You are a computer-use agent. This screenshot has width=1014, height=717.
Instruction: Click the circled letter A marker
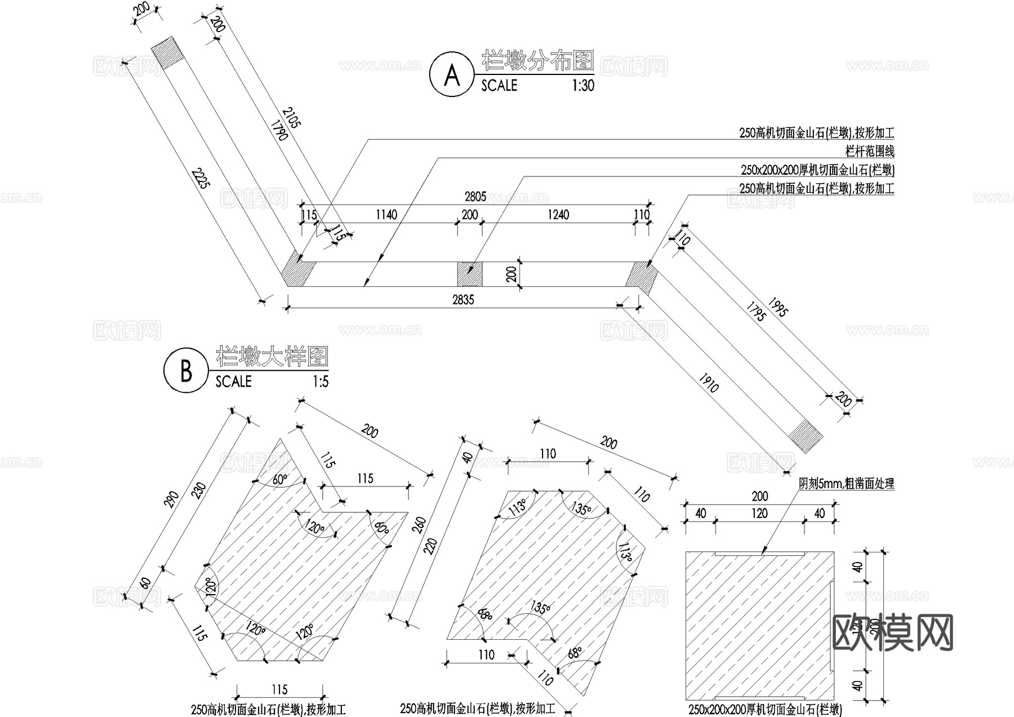(452, 74)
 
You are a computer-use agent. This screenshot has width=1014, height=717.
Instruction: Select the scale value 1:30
(582, 86)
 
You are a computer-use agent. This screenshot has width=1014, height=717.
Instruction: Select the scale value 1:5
(320, 382)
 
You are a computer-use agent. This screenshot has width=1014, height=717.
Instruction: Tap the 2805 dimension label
(475, 197)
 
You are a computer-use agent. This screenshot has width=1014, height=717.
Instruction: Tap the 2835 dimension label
(463, 300)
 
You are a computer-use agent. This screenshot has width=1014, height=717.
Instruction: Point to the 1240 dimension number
(558, 215)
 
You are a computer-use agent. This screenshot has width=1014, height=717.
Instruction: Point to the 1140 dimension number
(386, 215)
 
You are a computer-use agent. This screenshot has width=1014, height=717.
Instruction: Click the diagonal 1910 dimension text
(708, 383)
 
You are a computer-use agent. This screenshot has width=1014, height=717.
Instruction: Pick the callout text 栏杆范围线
(869, 151)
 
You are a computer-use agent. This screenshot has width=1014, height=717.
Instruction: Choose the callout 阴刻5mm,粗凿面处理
(846, 484)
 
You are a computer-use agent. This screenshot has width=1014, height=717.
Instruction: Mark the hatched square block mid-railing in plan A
(469, 274)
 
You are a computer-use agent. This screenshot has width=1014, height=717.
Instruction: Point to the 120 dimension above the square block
(759, 514)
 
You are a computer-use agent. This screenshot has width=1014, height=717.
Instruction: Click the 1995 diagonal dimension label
(777, 306)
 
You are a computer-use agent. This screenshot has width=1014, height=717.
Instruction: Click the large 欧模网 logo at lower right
(892, 632)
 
